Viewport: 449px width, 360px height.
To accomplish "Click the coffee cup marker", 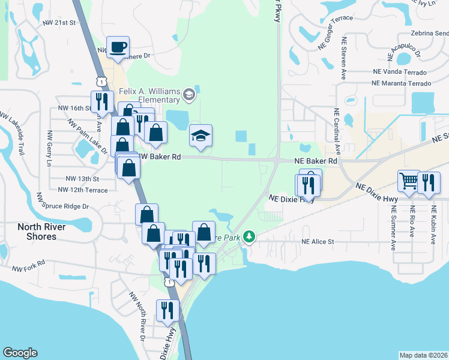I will click(x=118, y=47).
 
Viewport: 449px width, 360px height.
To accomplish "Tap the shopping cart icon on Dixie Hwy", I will click(x=409, y=181).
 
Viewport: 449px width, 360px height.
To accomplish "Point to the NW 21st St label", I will click(x=61, y=23).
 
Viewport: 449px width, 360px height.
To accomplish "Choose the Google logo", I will click(x=20, y=353).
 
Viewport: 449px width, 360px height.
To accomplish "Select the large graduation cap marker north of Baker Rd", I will click(x=201, y=136).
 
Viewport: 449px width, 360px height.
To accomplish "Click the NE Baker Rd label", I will click(x=316, y=161).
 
